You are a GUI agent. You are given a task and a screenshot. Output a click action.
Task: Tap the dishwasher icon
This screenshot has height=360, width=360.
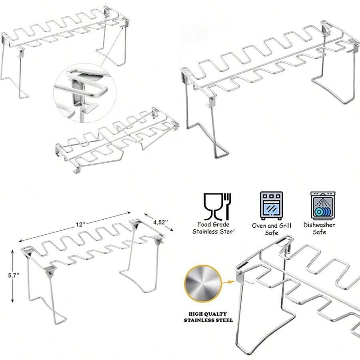click(x=323, y=206)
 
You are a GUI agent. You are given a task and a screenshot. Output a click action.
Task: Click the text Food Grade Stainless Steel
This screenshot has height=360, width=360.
click(x=214, y=228)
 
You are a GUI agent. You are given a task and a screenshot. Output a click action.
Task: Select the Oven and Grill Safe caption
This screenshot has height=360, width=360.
click(x=272, y=229)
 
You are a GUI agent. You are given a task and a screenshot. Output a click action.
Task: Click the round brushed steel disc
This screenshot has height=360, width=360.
click(x=202, y=284)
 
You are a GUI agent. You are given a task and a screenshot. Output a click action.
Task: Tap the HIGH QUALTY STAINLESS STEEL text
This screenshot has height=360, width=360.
click(x=208, y=317)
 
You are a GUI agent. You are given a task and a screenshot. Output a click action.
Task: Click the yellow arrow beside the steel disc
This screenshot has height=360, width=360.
click(x=229, y=282)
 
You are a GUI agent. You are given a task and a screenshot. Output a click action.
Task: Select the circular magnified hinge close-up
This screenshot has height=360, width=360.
click(x=85, y=93)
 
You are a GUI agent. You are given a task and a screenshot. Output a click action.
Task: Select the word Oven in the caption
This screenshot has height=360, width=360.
click(x=259, y=226)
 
